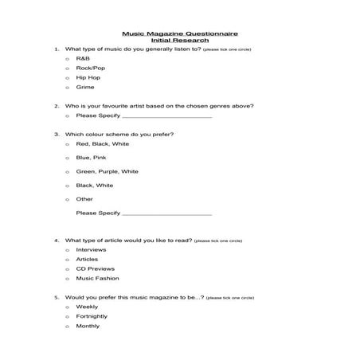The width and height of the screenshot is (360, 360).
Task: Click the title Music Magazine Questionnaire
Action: click(x=179, y=34)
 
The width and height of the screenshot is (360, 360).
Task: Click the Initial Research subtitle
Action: click(x=179, y=41)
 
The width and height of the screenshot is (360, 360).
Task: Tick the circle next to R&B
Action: click(x=67, y=59)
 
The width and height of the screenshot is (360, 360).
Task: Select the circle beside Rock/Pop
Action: click(x=67, y=68)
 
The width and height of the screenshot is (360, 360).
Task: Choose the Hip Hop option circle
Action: click(x=67, y=78)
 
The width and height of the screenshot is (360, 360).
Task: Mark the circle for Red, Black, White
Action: click(x=67, y=144)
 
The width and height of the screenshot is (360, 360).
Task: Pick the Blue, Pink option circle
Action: click(x=67, y=158)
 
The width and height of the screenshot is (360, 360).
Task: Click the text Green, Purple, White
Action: click(x=107, y=171)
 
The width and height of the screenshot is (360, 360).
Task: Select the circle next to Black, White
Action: click(x=67, y=185)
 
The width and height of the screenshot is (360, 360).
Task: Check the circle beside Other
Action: click(x=67, y=199)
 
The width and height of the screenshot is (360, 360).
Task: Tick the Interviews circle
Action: click(x=67, y=249)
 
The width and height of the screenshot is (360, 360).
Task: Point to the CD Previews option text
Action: click(x=94, y=268)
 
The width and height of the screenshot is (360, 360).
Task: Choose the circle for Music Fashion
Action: click(x=67, y=278)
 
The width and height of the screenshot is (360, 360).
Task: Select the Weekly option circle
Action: click(x=67, y=307)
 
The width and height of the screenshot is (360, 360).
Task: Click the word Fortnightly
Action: click(x=92, y=316)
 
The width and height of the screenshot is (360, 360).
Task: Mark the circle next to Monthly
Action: click(x=67, y=326)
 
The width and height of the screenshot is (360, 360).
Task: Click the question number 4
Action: click(x=56, y=240)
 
